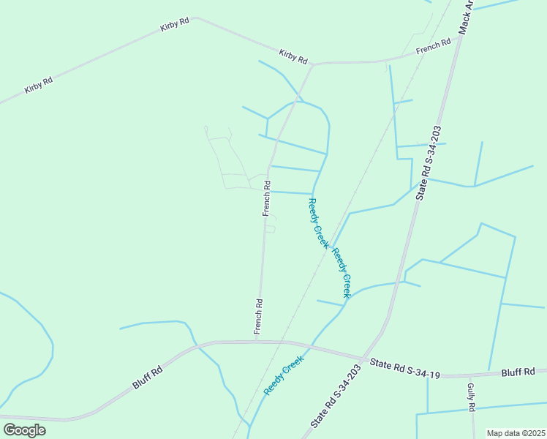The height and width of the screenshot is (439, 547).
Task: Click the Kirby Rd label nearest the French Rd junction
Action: click(293, 56)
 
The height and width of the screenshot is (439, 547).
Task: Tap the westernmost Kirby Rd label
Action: click(39, 85)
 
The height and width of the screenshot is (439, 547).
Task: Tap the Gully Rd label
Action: click(471, 397)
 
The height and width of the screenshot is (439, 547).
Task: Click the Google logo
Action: click(24, 429)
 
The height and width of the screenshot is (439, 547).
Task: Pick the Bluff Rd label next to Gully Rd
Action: click(518, 372)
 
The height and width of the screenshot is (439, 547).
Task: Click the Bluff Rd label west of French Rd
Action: click(147, 378)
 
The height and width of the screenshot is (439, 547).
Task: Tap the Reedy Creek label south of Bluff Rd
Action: click(283, 375)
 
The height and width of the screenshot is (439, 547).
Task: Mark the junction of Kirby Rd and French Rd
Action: click(312, 65)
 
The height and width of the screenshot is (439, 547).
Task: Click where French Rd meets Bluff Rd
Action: click(256, 341)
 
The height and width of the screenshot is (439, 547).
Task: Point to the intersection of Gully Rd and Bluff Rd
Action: click(468, 375)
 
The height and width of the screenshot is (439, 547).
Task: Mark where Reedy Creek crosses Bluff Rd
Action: click(313, 346)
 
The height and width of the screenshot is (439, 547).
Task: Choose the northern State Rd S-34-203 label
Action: click(430, 162)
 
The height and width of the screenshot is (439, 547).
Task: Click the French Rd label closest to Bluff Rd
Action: click(258, 317)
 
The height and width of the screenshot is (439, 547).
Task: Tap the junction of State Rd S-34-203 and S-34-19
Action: click(364, 358)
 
